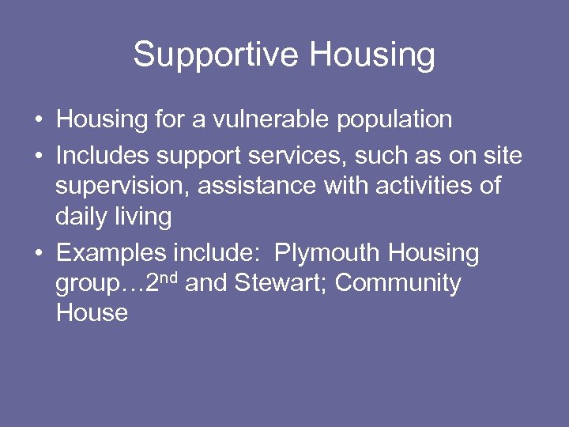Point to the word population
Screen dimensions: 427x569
pyautogui.click(x=394, y=119)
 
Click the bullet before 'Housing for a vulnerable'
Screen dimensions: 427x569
pyautogui.click(x=38, y=121)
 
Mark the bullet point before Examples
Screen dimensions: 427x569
pyautogui.click(x=38, y=254)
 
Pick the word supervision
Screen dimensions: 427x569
pyautogui.click(x=122, y=187)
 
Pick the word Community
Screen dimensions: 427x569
pyautogui.click(x=398, y=283)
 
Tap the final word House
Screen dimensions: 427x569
pyautogui.click(x=92, y=313)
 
